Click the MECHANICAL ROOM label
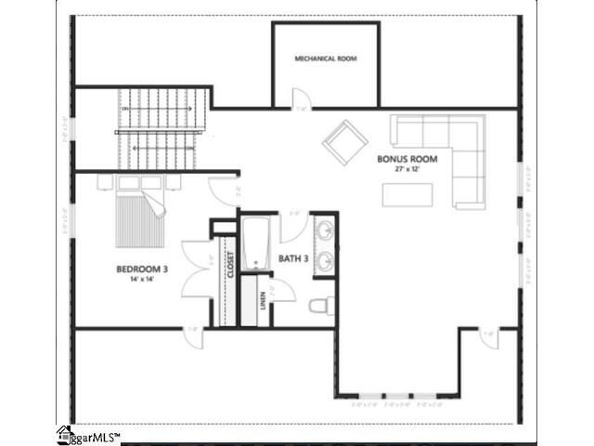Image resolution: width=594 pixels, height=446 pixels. [325, 59]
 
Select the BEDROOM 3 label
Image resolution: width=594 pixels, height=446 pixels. [135, 269]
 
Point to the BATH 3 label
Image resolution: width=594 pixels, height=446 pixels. [293, 259]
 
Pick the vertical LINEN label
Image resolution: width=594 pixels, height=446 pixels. [263, 300]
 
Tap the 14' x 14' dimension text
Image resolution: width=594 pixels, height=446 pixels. [135, 279]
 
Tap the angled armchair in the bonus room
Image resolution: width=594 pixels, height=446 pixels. [344, 141]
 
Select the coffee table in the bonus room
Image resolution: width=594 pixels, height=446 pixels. [407, 193]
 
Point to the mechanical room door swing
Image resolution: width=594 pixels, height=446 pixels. [301, 98]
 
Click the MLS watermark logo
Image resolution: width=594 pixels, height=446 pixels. [88, 435]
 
